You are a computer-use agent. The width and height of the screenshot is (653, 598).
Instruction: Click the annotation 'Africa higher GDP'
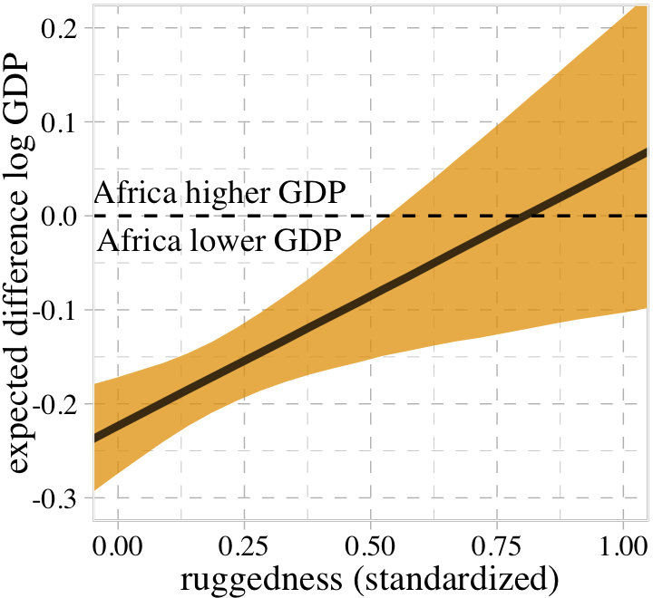[x=219, y=194]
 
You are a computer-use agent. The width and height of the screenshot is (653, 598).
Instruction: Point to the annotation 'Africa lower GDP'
[x=219, y=241]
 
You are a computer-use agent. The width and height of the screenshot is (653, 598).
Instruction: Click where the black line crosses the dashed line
[x=523, y=216]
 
